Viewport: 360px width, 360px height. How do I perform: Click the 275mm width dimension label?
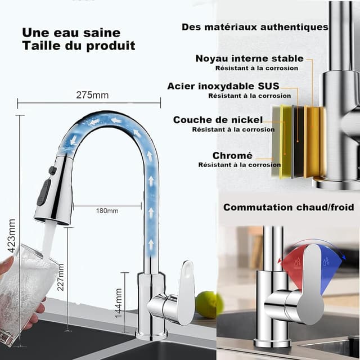[x=92, y=95]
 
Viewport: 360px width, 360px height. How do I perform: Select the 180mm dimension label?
[x=107, y=211]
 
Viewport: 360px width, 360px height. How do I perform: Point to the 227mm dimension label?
[x=61, y=278]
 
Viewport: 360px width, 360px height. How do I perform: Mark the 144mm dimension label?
[x=119, y=304]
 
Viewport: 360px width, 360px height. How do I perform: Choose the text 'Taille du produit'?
[x=79, y=46]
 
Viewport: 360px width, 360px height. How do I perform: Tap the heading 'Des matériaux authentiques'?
[x=255, y=27]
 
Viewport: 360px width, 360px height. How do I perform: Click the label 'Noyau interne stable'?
[x=249, y=58]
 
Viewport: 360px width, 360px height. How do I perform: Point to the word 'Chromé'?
[x=232, y=155]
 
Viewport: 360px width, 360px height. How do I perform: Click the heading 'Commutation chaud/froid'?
[x=289, y=207]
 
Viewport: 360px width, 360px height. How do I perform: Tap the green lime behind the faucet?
[x=206, y=304]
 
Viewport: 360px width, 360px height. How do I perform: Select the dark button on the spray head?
[x=43, y=192]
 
